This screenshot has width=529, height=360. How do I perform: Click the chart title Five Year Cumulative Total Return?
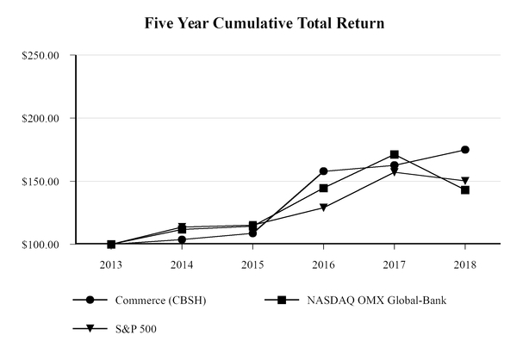[x=264, y=22]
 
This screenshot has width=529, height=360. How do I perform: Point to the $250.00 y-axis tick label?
[x=40, y=55]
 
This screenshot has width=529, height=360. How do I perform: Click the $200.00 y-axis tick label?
[x=40, y=118]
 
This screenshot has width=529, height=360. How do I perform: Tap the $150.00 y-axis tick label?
[x=40, y=182]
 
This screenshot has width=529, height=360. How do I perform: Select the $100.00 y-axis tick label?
[x=40, y=245]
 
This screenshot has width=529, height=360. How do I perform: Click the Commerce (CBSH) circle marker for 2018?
[x=465, y=150]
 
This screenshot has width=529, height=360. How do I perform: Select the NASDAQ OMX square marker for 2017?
[x=395, y=155]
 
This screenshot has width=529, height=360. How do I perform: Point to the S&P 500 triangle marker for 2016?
[x=324, y=208]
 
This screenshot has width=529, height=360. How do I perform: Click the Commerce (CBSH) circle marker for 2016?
[x=324, y=171]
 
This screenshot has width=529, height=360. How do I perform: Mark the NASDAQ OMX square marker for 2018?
[x=465, y=190]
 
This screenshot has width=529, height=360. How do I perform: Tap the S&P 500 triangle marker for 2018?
[x=465, y=182]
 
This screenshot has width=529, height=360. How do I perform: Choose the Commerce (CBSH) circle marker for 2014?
[x=183, y=239]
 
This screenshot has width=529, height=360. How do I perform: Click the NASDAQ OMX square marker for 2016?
[x=324, y=188]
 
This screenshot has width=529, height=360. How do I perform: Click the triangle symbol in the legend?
[x=90, y=328]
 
